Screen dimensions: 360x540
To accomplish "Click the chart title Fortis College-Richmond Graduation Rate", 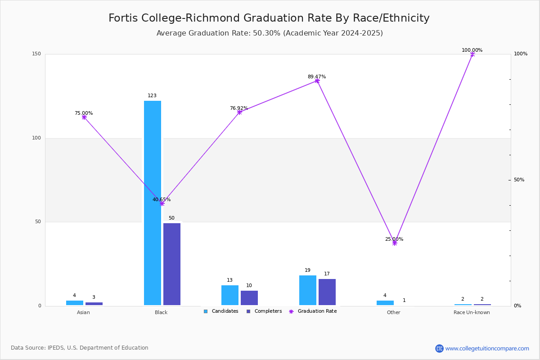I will click(x=269, y=18).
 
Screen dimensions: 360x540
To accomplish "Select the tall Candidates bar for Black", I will click(x=153, y=202).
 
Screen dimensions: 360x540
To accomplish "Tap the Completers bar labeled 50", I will click(x=172, y=264).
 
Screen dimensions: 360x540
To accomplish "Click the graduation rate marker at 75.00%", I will click(x=84, y=117).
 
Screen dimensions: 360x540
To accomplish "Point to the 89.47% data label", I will click(x=317, y=76).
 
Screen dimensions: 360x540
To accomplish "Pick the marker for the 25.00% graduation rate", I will click(x=395, y=243).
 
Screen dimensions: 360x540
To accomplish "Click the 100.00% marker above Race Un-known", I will click(x=472, y=54).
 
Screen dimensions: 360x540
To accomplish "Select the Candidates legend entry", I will click(x=221, y=311).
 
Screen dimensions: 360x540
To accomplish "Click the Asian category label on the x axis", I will click(x=83, y=312).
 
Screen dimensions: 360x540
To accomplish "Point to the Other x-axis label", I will click(x=393, y=312).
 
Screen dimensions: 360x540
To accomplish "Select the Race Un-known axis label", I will click(x=472, y=312).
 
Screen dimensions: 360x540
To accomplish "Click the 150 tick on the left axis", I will click(x=36, y=54).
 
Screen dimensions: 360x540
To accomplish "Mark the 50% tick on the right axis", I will click(x=519, y=180).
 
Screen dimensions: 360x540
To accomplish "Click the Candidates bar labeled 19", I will click(x=308, y=290).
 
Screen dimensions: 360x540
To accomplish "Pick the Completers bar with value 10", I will click(x=249, y=298).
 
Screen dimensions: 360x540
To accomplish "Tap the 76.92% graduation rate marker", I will click(x=239, y=112).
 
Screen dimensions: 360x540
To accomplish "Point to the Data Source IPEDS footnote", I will click(x=80, y=348).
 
